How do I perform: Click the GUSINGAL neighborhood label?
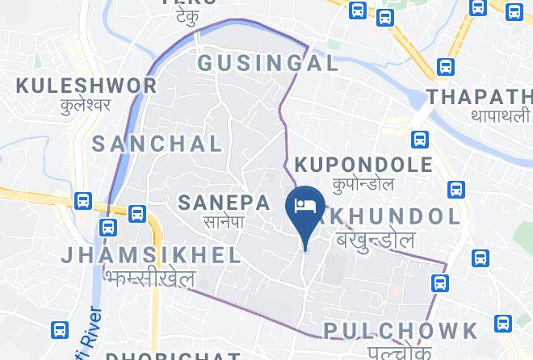[x=267, y=64]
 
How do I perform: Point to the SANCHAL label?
[x=157, y=144]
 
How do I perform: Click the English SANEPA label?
[x=223, y=202]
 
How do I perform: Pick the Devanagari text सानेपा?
[x=223, y=220]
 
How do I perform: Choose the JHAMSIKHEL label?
[x=152, y=256]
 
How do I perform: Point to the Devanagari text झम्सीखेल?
[x=150, y=277]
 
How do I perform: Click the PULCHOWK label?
[x=401, y=330]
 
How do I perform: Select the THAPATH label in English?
[x=480, y=97]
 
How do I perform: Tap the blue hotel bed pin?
[x=306, y=205]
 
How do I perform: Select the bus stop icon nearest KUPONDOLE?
[x=418, y=139]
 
